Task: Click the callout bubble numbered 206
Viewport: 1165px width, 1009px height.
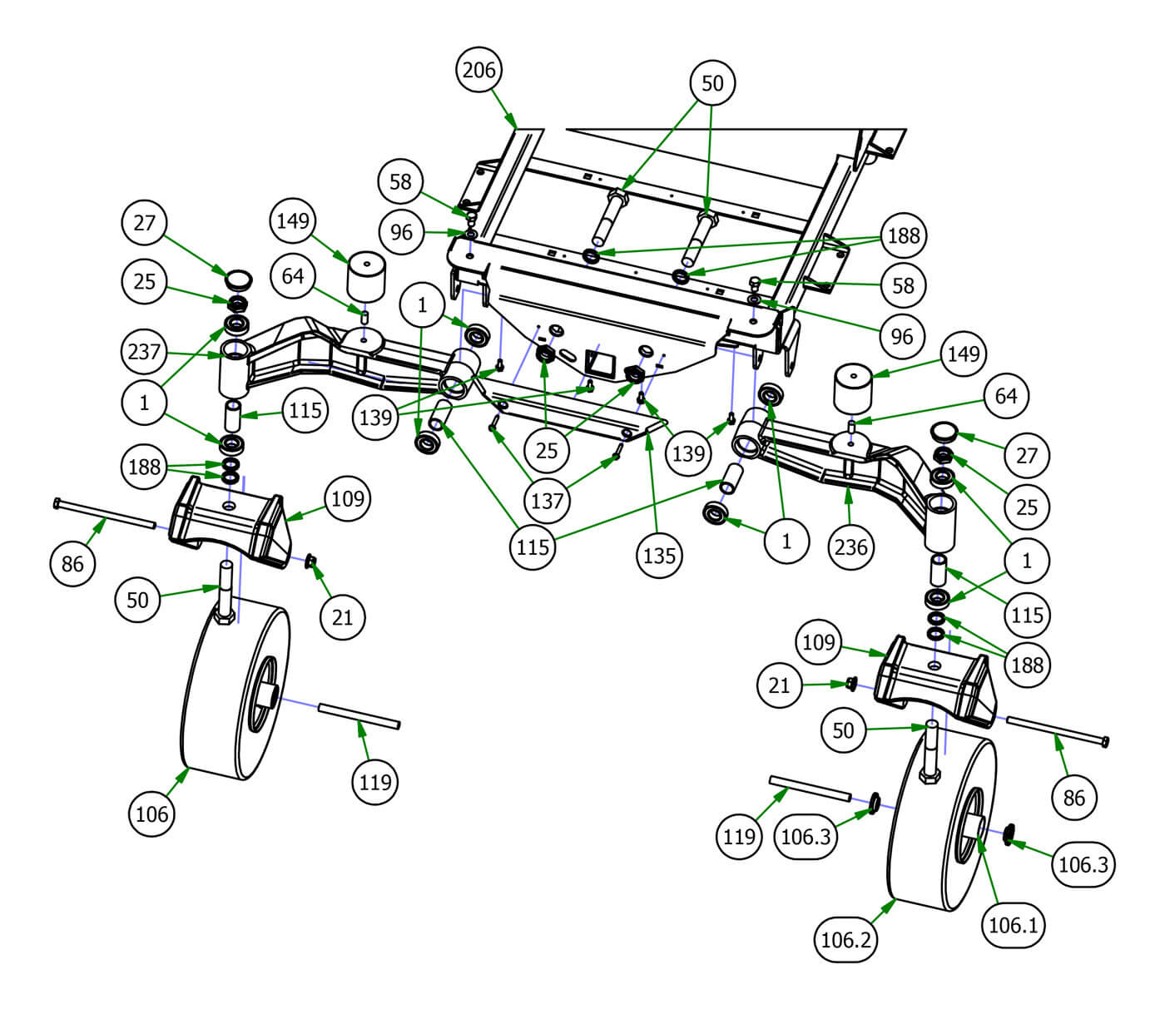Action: click(479, 70)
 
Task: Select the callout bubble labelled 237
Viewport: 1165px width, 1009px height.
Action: click(144, 352)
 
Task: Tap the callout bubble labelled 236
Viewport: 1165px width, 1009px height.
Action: click(850, 547)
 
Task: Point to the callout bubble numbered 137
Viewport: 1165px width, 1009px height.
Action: click(546, 501)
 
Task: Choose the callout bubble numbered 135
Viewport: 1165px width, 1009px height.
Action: click(659, 555)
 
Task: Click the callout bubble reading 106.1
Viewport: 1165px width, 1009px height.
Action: click(1013, 924)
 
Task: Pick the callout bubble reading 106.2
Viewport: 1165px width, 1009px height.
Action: click(845, 939)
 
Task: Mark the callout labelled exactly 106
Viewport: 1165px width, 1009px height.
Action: click(151, 814)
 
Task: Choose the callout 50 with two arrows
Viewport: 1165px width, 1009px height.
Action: click(712, 83)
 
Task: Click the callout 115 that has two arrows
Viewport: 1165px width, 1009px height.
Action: click(533, 546)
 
